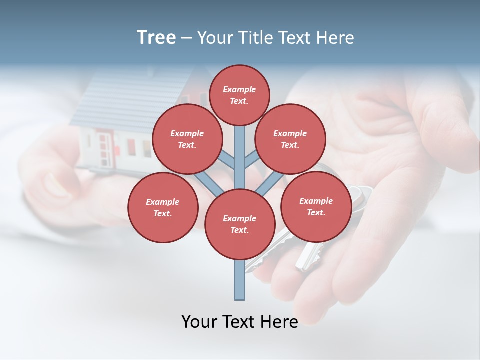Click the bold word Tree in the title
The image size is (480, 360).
[x=156, y=38]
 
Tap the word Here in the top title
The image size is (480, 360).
[x=334, y=38]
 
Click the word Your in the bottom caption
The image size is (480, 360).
[x=200, y=321]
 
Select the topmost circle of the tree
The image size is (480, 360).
[x=239, y=95]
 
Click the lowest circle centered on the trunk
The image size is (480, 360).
[x=240, y=224]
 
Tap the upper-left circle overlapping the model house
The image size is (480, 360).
[x=187, y=139]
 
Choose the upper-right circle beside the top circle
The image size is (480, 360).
[x=290, y=139]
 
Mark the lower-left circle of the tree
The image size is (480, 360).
[x=163, y=207]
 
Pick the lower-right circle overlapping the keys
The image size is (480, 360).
[x=316, y=206]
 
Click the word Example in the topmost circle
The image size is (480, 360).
[x=239, y=89]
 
